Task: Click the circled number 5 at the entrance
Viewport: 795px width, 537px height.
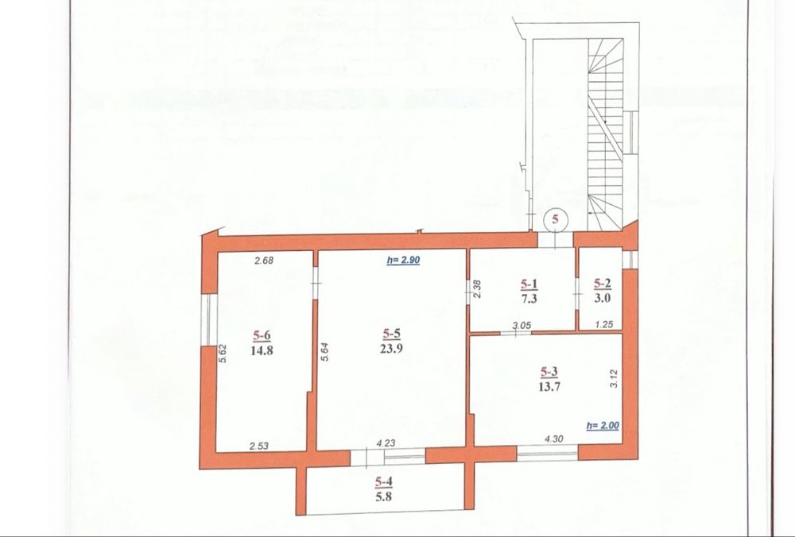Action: pos(555,219)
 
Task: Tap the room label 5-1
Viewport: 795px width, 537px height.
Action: pos(529,284)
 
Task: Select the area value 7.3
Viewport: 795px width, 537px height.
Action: pos(529,299)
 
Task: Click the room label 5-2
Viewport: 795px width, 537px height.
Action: pos(603,284)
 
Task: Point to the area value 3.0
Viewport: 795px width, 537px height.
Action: pos(603,298)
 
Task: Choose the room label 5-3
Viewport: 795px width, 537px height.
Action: pos(549,373)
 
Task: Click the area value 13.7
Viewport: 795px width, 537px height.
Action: pos(549,387)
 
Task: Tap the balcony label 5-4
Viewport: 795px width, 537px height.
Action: pos(384,481)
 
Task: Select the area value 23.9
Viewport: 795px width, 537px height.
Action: pos(391,348)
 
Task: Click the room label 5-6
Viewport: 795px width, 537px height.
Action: pos(262,335)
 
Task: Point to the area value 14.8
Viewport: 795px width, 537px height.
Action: pos(262,350)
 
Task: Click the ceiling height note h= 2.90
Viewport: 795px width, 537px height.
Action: pos(403,261)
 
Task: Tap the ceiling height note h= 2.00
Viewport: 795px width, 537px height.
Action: pos(603,426)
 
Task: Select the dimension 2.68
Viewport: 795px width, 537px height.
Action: pos(264,261)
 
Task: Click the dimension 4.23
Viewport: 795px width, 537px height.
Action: pos(386,442)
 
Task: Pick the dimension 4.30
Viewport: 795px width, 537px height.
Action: pos(553,439)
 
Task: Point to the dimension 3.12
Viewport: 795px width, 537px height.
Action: pos(614,378)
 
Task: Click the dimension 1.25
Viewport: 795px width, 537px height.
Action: pos(604,325)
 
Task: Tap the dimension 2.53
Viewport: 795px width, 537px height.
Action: pos(259,446)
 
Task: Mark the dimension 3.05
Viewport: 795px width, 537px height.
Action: pos(522,326)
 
